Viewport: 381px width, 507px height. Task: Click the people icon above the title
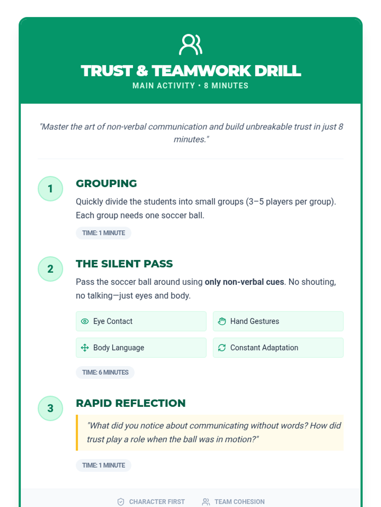pyautogui.click(x=190, y=45)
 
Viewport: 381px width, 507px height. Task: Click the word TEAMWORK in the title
pyautogui.click(x=201, y=71)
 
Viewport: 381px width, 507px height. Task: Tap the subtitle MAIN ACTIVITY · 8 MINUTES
pyautogui.click(x=190, y=86)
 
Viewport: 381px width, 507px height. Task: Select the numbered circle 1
pyautogui.click(x=50, y=189)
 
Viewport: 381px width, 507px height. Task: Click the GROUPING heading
pyautogui.click(x=106, y=183)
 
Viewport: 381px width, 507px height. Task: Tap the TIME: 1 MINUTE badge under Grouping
pyautogui.click(x=104, y=233)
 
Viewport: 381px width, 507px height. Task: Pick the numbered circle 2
pyautogui.click(x=50, y=269)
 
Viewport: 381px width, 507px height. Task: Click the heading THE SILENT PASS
pyautogui.click(x=124, y=264)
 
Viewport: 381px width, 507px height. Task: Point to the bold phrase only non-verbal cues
pyautogui.click(x=244, y=282)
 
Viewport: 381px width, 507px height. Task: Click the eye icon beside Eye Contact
pyautogui.click(x=85, y=321)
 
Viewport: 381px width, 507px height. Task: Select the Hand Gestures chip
pyautogui.click(x=278, y=321)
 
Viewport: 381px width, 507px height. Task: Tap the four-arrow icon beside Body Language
pyautogui.click(x=85, y=348)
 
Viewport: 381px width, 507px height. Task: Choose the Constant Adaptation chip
pyautogui.click(x=278, y=348)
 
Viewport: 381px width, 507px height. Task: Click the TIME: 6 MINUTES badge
pyautogui.click(x=105, y=372)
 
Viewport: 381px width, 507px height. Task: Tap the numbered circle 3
pyautogui.click(x=50, y=408)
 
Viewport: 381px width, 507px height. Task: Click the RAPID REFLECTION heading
pyautogui.click(x=130, y=403)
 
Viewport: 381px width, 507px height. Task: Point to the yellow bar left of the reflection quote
pyautogui.click(x=77, y=433)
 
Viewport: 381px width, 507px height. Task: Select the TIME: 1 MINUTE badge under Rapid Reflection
pyautogui.click(x=104, y=465)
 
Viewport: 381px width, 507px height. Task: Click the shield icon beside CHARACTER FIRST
pyautogui.click(x=121, y=502)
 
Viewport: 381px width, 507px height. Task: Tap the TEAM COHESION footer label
pyautogui.click(x=239, y=502)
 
